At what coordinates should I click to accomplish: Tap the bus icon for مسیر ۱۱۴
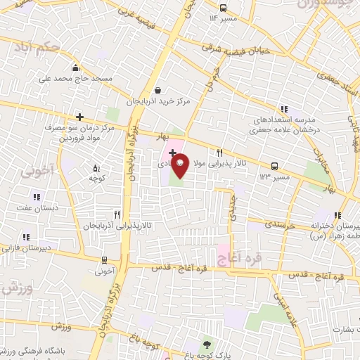[222, 8]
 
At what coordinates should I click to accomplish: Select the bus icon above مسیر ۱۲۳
[274, 167]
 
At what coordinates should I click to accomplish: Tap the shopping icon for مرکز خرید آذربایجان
[157, 90]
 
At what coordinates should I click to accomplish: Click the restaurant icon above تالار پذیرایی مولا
[220, 153]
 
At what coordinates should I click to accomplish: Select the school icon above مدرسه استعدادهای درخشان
[284, 108]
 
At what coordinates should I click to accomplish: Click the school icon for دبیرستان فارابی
[26, 238]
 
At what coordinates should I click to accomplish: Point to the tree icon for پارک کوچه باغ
[206, 344]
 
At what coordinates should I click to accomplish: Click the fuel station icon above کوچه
[97, 167]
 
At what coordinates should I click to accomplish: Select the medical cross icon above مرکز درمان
[79, 117]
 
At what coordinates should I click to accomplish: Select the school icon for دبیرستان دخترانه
[337, 216]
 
